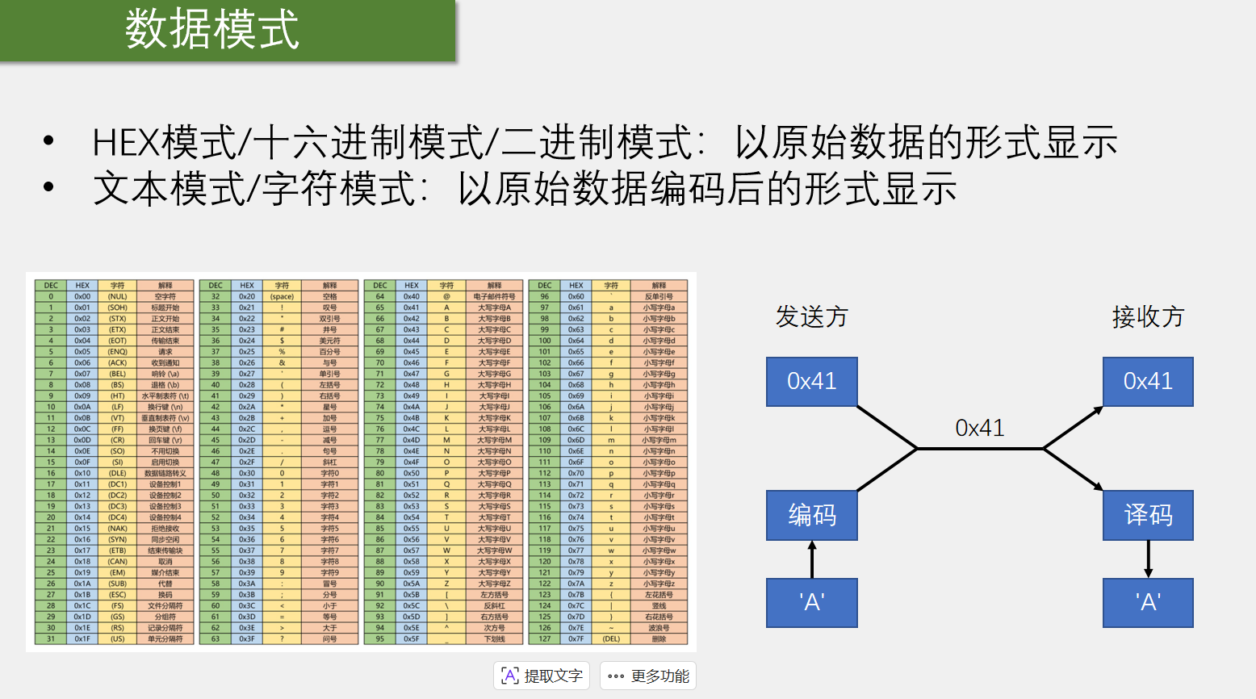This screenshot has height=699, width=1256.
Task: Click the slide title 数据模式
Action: coord(212,30)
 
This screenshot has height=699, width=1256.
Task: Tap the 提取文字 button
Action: coord(542,676)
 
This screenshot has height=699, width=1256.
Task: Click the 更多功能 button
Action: coord(648,676)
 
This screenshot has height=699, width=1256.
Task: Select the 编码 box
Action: coord(812,515)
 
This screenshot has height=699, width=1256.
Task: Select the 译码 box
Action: coord(1148,515)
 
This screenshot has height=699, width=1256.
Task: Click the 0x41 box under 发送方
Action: coord(812,381)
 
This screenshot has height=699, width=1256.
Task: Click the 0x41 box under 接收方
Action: coord(1148,381)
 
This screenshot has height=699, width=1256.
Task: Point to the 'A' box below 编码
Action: coord(812,602)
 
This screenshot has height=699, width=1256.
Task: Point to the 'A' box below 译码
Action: coord(1148,602)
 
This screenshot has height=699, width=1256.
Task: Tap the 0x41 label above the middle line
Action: coord(980,428)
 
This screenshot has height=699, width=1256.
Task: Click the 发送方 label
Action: coord(812,316)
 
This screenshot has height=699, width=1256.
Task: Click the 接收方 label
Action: coord(1148,316)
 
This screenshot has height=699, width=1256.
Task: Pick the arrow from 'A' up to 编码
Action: coord(812,559)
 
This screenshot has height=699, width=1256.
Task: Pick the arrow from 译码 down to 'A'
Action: coord(1148,559)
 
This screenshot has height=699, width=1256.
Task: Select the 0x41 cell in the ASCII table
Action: coord(412,308)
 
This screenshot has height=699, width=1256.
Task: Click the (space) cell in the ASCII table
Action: coord(282,296)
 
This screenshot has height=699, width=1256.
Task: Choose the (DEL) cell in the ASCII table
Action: coord(611,638)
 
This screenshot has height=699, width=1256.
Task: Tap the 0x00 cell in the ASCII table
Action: coord(82,296)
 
